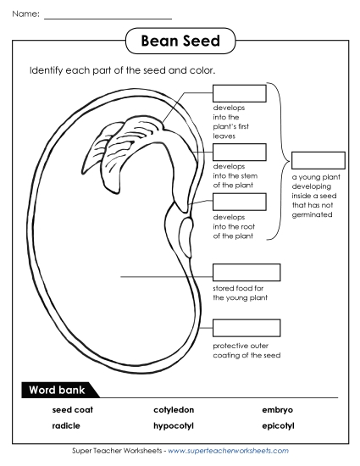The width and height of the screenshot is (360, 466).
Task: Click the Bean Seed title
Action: point(179,41)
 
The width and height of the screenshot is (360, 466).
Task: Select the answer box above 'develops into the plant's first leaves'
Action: point(239,92)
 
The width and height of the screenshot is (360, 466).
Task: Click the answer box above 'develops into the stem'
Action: point(239,152)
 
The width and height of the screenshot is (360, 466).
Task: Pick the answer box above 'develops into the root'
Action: point(239,202)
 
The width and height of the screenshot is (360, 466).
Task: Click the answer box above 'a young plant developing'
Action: point(318,160)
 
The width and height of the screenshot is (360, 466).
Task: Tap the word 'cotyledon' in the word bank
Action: point(174,410)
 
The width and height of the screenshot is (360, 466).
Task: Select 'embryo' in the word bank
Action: point(277,410)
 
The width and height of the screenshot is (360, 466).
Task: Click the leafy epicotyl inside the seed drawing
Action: point(119,140)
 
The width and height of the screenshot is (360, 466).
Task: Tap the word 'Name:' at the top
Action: point(25,14)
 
